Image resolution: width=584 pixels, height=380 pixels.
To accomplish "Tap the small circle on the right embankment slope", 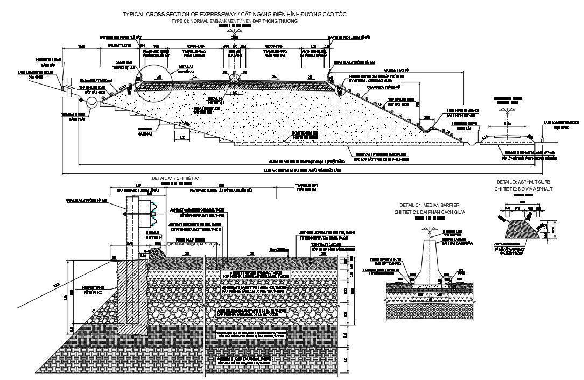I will pyautogui.click(x=340, y=87).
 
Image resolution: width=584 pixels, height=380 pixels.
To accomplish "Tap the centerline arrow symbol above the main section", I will pyautogui.click(x=234, y=32).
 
